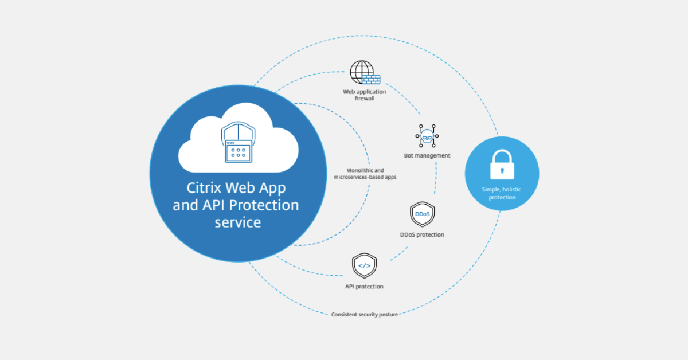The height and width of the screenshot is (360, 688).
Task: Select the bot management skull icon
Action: click(x=427, y=136)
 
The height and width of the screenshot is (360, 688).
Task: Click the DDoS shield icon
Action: click(x=422, y=214)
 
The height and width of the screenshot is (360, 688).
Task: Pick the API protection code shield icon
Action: click(x=364, y=266)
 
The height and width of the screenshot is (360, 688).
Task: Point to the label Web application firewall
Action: click(x=365, y=95)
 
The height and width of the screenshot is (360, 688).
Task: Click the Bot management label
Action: click(x=427, y=156)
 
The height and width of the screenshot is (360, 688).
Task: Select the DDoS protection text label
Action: click(x=422, y=234)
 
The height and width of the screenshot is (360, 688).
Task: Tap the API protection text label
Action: click(x=364, y=287)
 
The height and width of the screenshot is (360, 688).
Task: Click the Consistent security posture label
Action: click(x=365, y=315)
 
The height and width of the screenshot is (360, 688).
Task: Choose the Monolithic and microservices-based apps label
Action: click(x=365, y=174)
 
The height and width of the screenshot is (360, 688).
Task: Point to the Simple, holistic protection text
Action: click(x=502, y=194)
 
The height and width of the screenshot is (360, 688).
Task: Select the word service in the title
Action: click(x=237, y=222)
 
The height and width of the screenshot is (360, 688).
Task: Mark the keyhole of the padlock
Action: click(x=502, y=170)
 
